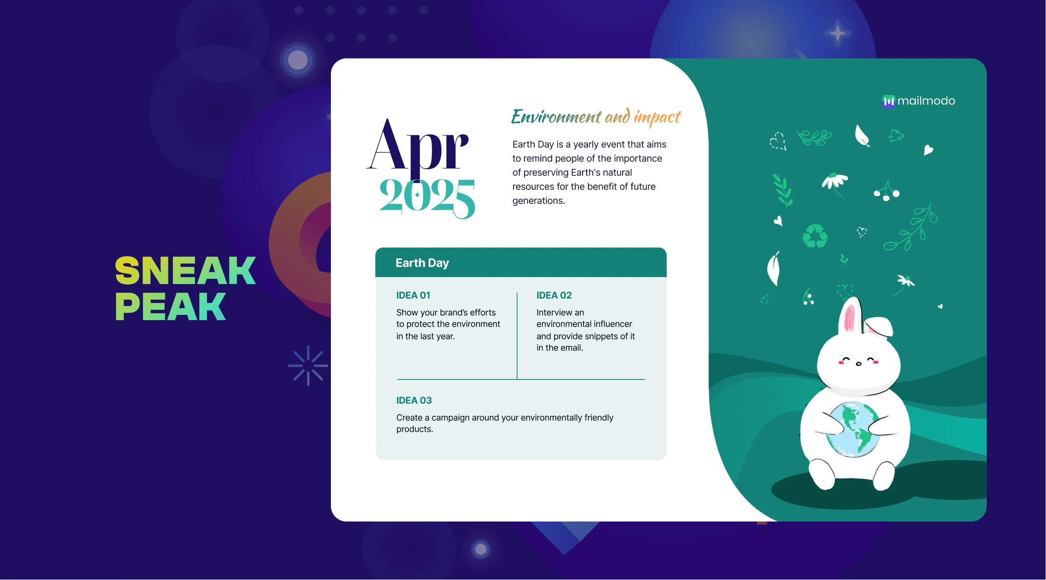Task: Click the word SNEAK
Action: [185, 270]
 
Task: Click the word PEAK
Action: [171, 306]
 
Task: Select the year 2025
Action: [427, 198]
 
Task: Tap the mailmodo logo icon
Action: [888, 102]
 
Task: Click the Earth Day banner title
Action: [422, 263]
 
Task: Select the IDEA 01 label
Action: [413, 295]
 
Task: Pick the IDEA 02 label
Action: [554, 295]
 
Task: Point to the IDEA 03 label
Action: [414, 401]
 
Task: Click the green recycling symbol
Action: [815, 236]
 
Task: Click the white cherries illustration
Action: [887, 190]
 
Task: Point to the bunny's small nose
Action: [858, 364]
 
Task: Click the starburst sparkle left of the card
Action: [308, 366]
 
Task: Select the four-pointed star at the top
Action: [837, 33]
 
